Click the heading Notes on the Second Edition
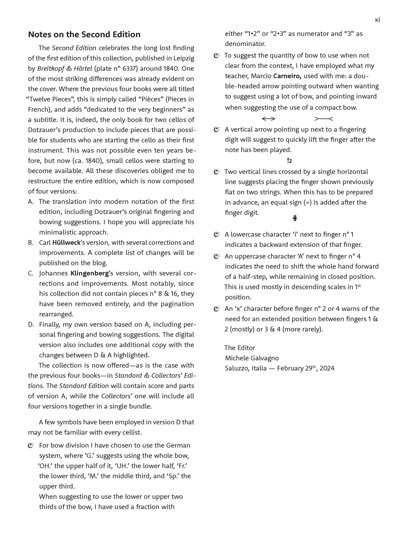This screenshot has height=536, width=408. [x=84, y=35]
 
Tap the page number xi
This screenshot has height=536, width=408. [x=377, y=20]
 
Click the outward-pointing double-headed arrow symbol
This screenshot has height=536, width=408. [x=269, y=119]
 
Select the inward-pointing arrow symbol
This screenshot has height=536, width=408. [x=323, y=119]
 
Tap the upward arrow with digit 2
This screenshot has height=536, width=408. [x=289, y=161]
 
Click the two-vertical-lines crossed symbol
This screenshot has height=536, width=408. [x=295, y=219]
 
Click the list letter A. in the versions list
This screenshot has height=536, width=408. [x=31, y=202]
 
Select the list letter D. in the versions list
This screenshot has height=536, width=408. [x=31, y=324]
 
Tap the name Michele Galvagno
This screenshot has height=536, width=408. [x=252, y=358]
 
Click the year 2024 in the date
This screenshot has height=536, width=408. [x=327, y=368]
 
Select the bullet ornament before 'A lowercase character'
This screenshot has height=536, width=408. [x=217, y=235]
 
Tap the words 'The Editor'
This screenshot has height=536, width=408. [x=240, y=348]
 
